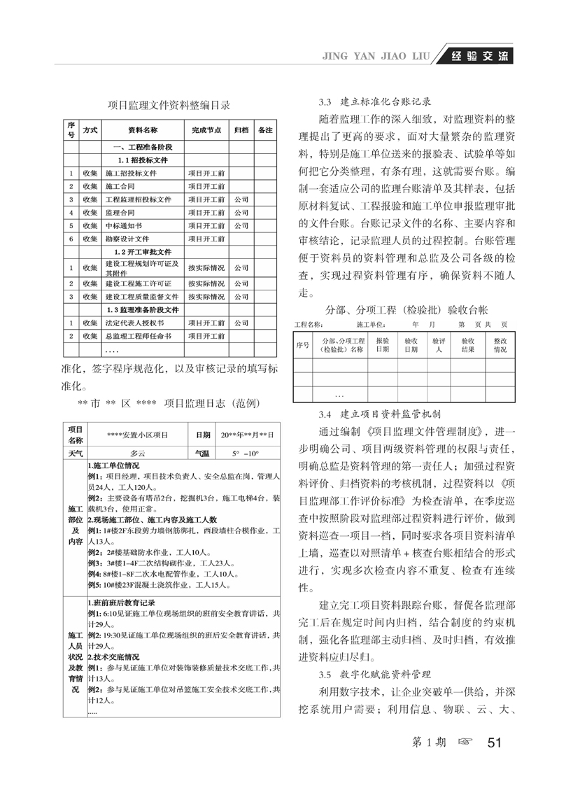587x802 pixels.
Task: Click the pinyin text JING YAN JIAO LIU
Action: (x=379, y=57)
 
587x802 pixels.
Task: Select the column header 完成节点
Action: (x=206, y=131)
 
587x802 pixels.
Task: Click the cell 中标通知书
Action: (x=123, y=226)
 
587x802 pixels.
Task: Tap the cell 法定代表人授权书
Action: (x=135, y=323)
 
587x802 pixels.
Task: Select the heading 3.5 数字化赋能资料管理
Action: (x=374, y=675)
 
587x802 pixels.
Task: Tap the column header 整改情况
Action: (x=500, y=344)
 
